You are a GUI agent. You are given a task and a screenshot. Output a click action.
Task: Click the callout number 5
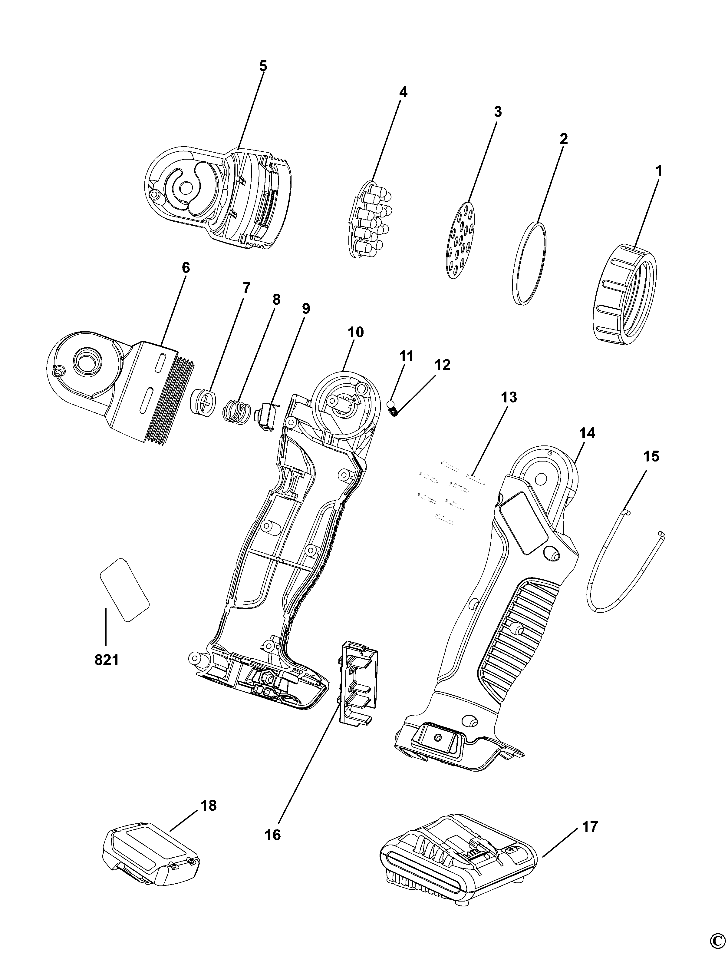pos(263,66)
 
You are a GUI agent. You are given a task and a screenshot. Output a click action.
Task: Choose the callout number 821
pos(107,660)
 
